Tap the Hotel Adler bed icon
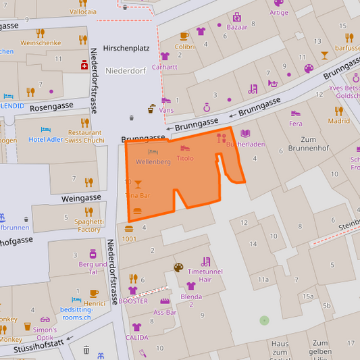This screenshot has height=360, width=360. click(x=46, y=129)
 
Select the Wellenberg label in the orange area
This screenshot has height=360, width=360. click(x=153, y=162)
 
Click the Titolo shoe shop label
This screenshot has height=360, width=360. click(x=184, y=158)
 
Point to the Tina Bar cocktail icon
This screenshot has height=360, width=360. click(x=138, y=184)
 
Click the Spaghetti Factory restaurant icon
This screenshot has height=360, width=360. click(x=88, y=211)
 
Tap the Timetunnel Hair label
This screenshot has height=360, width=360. click(x=206, y=275)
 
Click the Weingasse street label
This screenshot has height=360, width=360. click(x=80, y=198)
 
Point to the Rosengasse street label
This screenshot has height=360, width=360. click(x=51, y=107)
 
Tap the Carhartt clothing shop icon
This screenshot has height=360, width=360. click(x=165, y=56)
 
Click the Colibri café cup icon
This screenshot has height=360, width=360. click(x=184, y=36)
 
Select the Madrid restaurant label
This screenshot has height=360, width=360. click(x=338, y=121)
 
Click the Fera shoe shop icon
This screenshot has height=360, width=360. click(x=295, y=113)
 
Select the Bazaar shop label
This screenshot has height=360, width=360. click(x=236, y=28)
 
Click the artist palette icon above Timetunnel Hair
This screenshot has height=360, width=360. click(x=178, y=267)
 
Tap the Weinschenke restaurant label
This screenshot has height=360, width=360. click(x=41, y=43)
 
